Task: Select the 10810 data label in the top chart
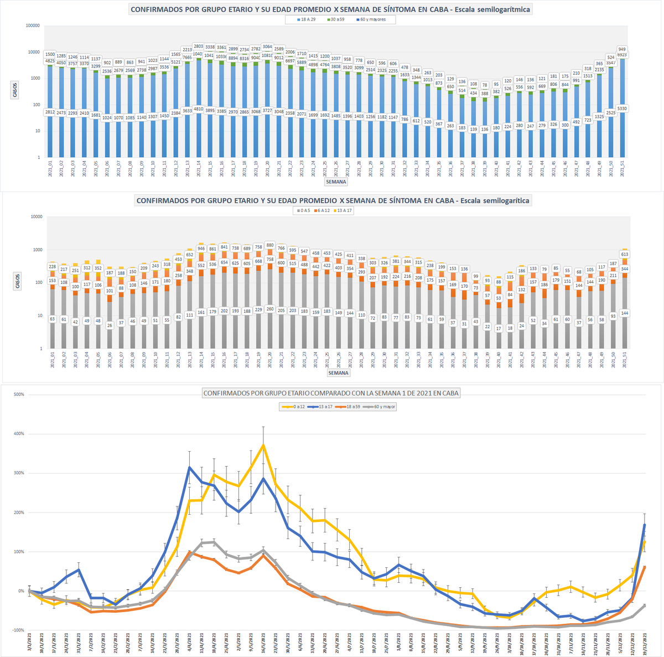click(x=268, y=56)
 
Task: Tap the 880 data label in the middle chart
click(x=269, y=245)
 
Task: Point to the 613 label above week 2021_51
click(x=625, y=254)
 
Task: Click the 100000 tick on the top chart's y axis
click(x=33, y=25)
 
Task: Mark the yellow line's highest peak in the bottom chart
click(x=263, y=444)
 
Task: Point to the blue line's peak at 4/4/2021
click(x=190, y=468)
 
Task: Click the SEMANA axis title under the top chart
click(x=335, y=182)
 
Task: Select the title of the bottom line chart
click(x=331, y=393)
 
